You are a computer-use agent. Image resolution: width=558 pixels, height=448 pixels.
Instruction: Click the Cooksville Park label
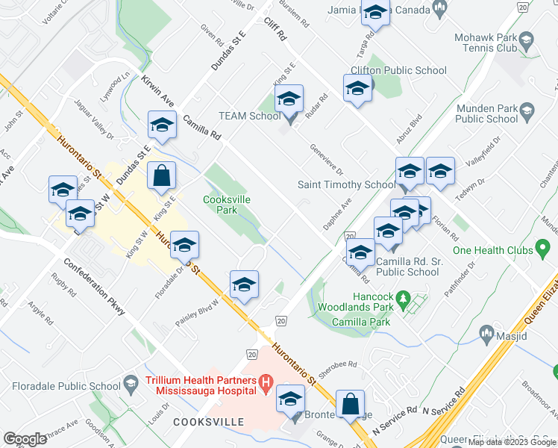point(227,205)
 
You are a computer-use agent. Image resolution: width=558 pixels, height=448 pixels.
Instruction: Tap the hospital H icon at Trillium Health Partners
point(265,385)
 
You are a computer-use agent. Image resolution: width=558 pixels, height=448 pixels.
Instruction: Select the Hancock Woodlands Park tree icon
point(404,297)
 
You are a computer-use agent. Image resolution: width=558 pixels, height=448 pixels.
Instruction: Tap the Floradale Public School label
point(66,386)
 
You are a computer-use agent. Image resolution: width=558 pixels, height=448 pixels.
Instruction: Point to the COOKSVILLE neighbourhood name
point(208,422)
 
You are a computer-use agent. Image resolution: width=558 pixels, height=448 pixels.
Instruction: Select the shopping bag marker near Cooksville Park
point(161,178)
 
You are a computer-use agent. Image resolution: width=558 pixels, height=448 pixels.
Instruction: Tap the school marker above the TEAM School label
point(289,101)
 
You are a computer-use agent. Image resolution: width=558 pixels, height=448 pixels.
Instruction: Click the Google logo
point(25,439)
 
